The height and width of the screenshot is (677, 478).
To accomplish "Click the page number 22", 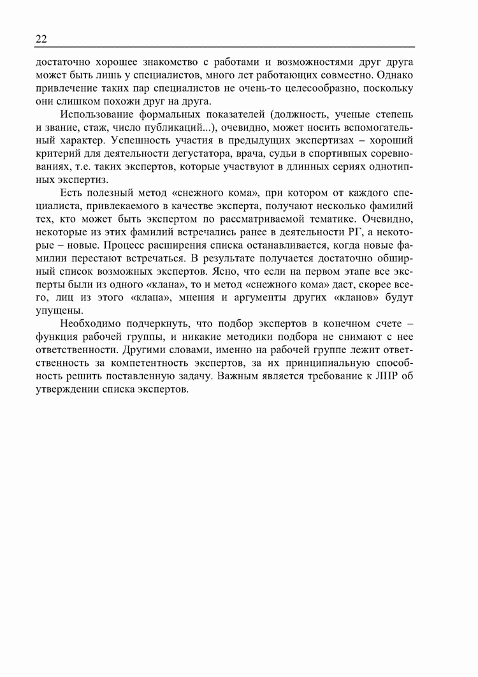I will tap(41, 39).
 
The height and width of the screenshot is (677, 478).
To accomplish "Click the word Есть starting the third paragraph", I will tap(70, 193).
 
